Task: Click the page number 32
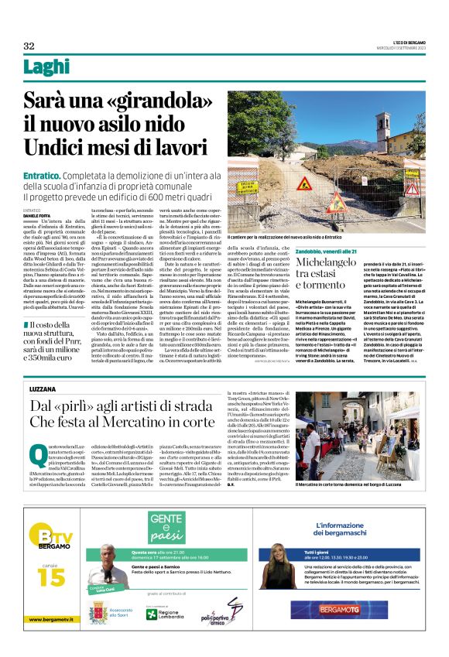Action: (x=29, y=46)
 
